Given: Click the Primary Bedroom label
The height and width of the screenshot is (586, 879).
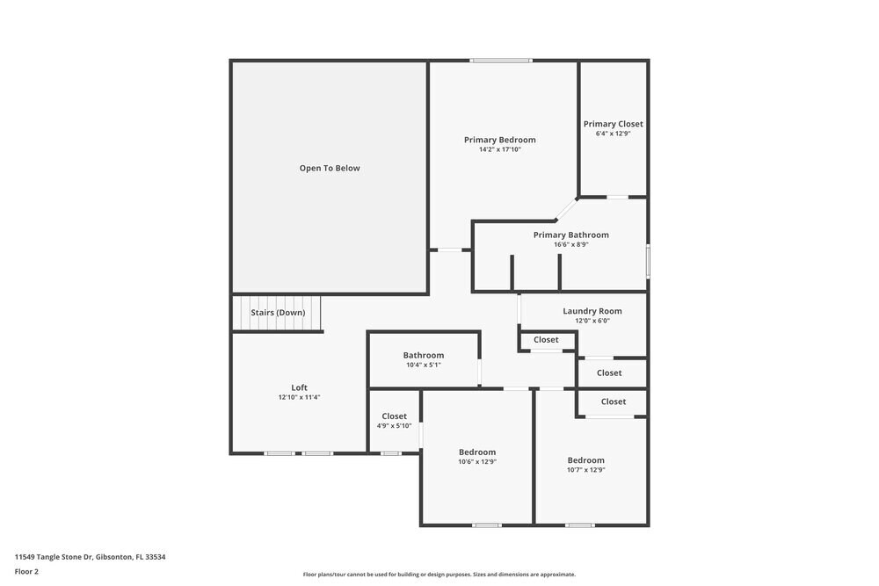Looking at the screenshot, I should pyautogui.click(x=499, y=140).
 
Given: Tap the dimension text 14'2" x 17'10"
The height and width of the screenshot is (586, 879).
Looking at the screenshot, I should pyautogui.click(x=499, y=149).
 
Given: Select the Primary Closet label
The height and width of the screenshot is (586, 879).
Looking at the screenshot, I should pyautogui.click(x=613, y=124).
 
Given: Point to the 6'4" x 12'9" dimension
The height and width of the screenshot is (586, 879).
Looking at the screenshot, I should pyautogui.click(x=613, y=134).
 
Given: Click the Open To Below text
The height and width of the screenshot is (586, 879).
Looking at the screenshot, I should pyautogui.click(x=330, y=168).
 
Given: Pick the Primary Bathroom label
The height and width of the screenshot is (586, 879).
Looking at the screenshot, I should pyautogui.click(x=570, y=235).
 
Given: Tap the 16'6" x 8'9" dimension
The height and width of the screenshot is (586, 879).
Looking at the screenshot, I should pyautogui.click(x=570, y=244).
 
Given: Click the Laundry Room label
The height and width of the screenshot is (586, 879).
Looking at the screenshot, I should pyautogui.click(x=592, y=311).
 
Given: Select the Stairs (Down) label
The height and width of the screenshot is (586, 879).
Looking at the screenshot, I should pyautogui.click(x=278, y=313).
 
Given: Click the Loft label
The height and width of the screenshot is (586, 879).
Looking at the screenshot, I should pyautogui.click(x=299, y=387).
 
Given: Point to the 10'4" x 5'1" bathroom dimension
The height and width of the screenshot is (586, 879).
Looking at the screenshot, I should pyautogui.click(x=423, y=365).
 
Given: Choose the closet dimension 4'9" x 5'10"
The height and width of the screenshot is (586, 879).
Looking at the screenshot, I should pyautogui.click(x=394, y=426).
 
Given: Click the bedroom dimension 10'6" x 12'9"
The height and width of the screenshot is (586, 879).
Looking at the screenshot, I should pyautogui.click(x=477, y=461).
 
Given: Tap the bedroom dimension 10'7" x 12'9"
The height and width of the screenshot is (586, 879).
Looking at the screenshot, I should pyautogui.click(x=585, y=469).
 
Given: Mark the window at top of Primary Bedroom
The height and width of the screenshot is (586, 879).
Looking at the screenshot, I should pyautogui.click(x=500, y=61).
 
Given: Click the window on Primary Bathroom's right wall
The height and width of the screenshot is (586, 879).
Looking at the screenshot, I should pyautogui.click(x=648, y=261).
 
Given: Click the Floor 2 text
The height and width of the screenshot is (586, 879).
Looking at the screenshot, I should pyautogui.click(x=26, y=571).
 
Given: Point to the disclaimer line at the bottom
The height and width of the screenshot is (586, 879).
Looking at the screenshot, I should pyautogui.click(x=439, y=575).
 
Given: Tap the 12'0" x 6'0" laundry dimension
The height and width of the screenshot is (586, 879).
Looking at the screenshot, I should pyautogui.click(x=592, y=321).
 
